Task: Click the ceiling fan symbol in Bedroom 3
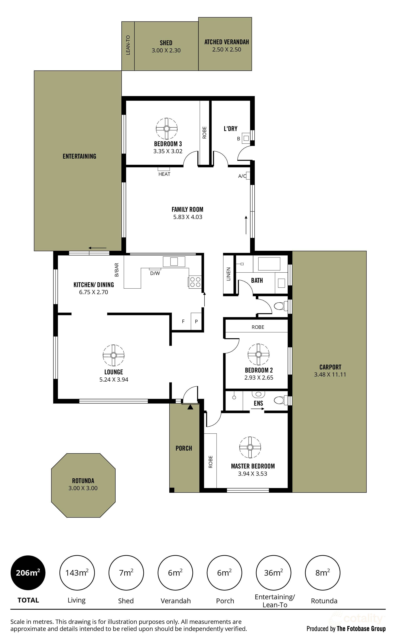(167, 129)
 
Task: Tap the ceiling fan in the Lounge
(113, 355)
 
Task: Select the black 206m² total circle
(28, 573)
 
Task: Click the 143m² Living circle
(77, 573)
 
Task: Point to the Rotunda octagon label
(83, 481)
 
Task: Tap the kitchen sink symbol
(174, 261)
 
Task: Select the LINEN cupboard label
(228, 274)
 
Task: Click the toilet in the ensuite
(280, 400)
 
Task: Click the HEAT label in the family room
(164, 174)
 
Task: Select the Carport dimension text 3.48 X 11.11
(330, 375)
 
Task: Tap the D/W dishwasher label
(155, 273)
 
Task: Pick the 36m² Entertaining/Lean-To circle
(273, 573)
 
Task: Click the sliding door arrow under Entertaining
(97, 248)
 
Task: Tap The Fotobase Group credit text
(361, 629)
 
